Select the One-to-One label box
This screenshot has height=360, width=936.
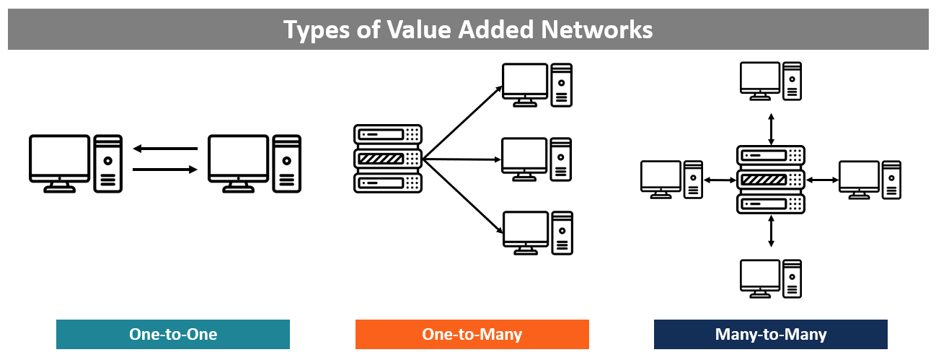click(x=173, y=335)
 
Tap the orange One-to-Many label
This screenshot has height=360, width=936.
click(x=472, y=335)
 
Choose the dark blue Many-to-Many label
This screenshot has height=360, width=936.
click(x=770, y=335)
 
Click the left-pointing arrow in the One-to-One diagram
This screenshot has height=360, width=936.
click(x=165, y=149)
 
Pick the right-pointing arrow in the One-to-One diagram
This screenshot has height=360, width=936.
click(x=165, y=170)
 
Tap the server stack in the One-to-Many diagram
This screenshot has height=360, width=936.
click(x=388, y=159)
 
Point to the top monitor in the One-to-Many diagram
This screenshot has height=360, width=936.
click(x=524, y=82)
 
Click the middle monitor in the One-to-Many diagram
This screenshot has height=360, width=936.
click(x=524, y=156)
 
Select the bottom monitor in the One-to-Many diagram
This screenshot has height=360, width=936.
click(x=524, y=229)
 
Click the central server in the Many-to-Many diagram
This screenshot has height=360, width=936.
click(x=770, y=179)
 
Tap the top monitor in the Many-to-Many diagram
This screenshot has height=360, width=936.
click(x=760, y=77)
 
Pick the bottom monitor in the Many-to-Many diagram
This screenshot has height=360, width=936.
click(x=760, y=276)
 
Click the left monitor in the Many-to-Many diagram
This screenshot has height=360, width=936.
click(x=661, y=176)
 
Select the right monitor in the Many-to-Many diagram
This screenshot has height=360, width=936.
click(x=859, y=176)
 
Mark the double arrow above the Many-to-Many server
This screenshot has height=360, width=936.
click(x=771, y=128)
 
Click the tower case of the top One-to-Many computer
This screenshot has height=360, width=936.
click(x=562, y=85)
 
